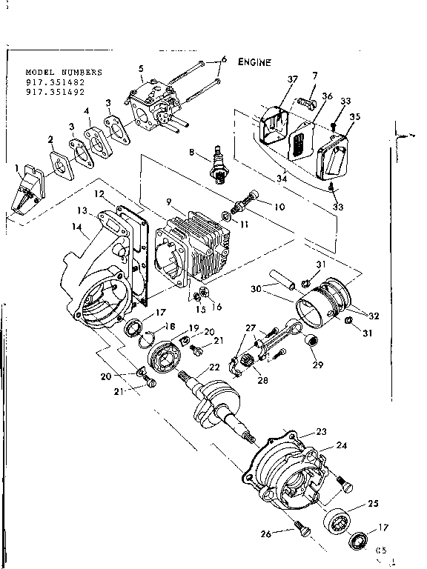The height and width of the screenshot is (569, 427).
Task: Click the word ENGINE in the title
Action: click(x=254, y=62)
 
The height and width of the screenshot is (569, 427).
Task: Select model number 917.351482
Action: click(x=55, y=82)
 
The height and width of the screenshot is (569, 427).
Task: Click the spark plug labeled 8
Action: click(x=219, y=162)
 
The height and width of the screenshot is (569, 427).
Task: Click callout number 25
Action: click(x=373, y=503)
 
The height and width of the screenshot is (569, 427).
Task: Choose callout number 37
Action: click(x=292, y=79)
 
